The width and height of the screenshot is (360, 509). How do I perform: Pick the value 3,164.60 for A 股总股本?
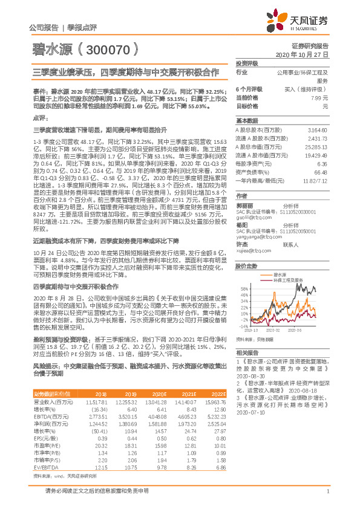click(316, 130)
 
